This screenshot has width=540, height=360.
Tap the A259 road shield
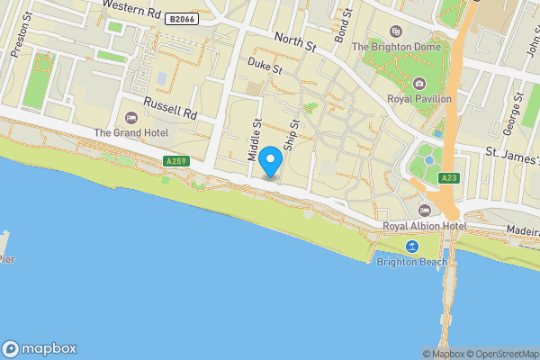coord(176,161)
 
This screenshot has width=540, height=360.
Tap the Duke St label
coord(265,66)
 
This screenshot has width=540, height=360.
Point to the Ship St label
coord(290,136)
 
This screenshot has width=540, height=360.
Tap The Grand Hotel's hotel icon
coord(131,118)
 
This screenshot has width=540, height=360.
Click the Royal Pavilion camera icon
coord(418,84)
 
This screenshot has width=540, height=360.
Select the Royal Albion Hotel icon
coord(424,210)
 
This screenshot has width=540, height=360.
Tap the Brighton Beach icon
coord(412,247)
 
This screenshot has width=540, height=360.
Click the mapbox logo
coord(40,348)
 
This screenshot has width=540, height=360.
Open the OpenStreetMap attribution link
coord(499,354)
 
